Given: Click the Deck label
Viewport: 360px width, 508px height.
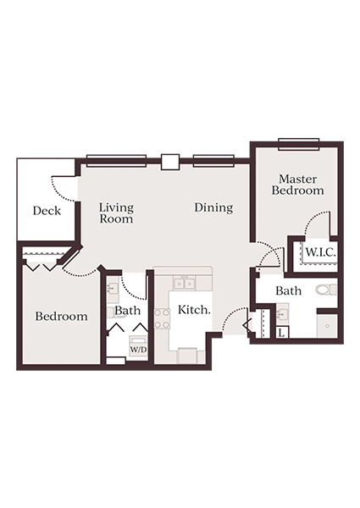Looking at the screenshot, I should pyautogui.click(x=47, y=211).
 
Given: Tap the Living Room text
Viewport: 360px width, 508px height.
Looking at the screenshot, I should pyautogui.click(x=116, y=213).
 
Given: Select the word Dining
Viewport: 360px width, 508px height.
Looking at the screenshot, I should pyautogui.click(x=213, y=207).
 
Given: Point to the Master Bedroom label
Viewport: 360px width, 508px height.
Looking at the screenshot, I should pyautogui.click(x=297, y=185).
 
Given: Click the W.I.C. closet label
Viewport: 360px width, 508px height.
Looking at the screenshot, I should pyautogui.click(x=319, y=251).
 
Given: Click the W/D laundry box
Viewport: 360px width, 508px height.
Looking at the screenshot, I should pyautogui.click(x=137, y=347).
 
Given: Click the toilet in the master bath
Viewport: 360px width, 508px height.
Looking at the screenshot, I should pyautogui.click(x=325, y=290).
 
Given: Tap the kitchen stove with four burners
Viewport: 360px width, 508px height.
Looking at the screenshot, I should pyautogui.click(x=162, y=318).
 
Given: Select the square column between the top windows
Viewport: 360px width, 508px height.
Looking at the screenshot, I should pyautogui.click(x=169, y=162).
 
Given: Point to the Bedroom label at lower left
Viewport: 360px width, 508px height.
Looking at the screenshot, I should pyautogui.click(x=61, y=317).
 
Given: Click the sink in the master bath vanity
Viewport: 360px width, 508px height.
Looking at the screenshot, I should pyautogui.click(x=284, y=313).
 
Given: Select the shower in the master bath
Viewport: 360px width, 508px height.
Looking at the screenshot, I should pyautogui.click(x=326, y=326).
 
